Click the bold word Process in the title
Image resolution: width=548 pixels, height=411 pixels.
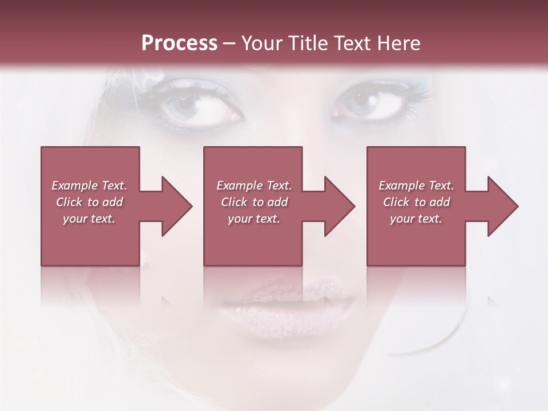point(179,43)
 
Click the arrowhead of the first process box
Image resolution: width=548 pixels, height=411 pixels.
point(177,206)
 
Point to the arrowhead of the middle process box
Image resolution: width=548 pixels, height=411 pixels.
point(340,206)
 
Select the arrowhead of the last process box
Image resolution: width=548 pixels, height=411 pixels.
point(503,206)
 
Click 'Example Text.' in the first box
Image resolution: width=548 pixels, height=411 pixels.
point(89,186)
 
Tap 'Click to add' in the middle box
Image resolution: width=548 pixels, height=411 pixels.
point(254,202)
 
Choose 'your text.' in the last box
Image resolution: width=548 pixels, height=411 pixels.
point(416,219)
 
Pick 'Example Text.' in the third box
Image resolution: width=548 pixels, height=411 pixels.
point(416,186)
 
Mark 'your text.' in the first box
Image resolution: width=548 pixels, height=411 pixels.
point(89,219)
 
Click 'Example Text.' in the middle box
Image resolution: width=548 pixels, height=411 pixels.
point(254,186)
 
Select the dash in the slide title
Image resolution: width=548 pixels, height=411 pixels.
point(229,44)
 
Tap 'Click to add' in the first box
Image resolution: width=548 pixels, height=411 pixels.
point(89,202)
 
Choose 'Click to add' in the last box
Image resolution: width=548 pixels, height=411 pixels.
point(416,202)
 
